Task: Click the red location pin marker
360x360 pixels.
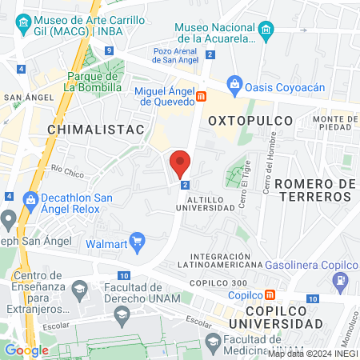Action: tap(180, 164)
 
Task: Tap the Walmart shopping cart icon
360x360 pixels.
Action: tap(137, 239)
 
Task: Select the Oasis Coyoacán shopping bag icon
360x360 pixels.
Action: tap(234, 83)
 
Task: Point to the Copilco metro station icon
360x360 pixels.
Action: tap(270, 294)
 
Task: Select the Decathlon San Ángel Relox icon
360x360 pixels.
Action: tap(31, 198)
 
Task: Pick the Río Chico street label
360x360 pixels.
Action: tap(67, 169)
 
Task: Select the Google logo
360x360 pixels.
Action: tap(27, 350)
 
